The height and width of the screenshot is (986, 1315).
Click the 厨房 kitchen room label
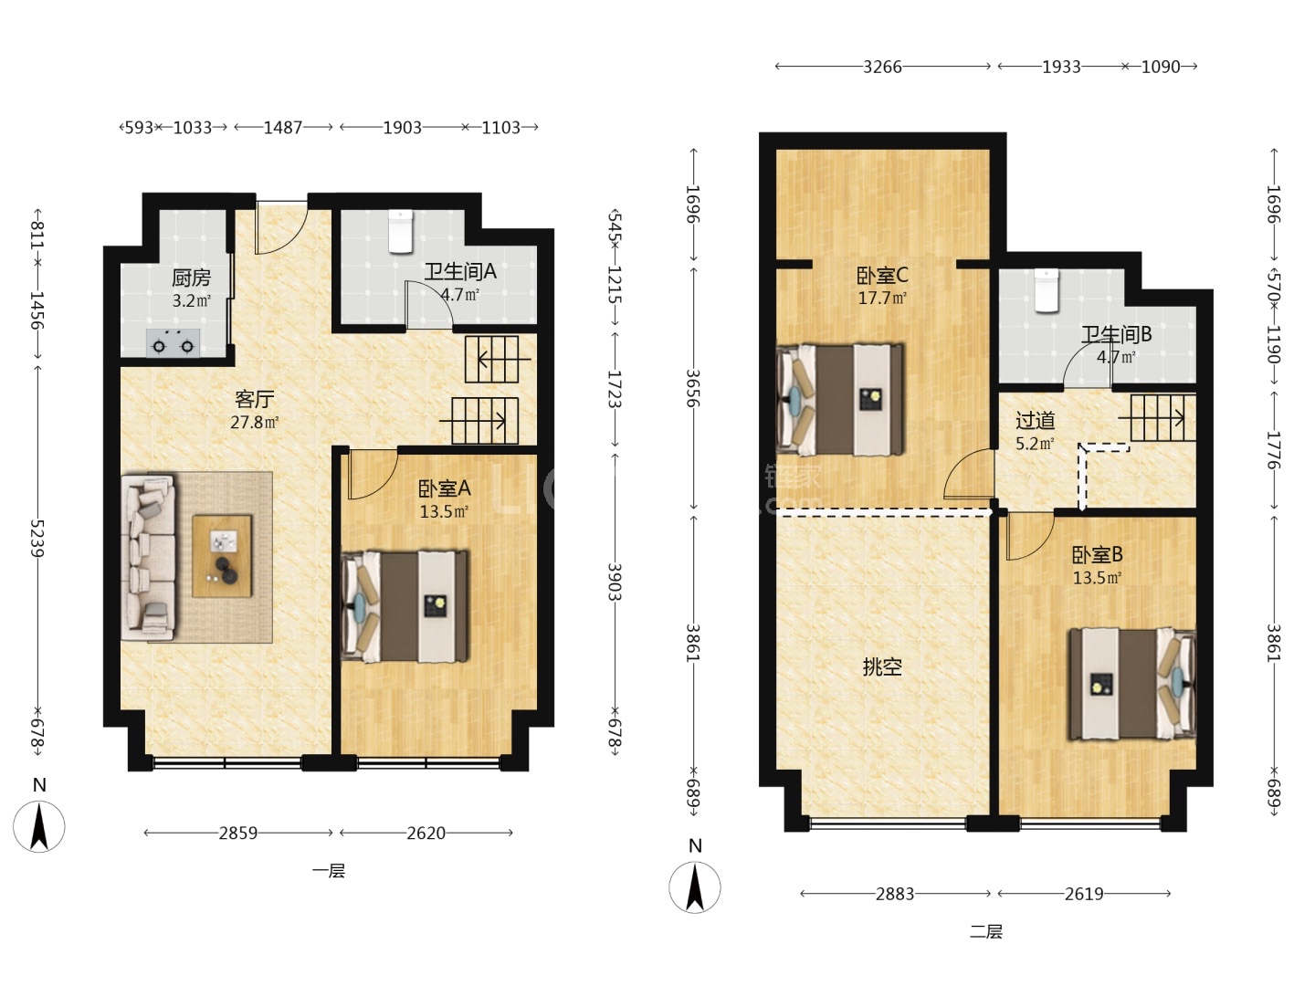(191, 278)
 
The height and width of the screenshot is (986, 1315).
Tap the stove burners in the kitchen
(174, 343)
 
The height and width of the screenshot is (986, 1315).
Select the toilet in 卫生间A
(400, 230)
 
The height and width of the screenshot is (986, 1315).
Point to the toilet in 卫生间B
(1047, 290)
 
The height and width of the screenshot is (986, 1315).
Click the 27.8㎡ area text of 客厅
(255, 422)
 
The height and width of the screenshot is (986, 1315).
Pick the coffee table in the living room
(222, 556)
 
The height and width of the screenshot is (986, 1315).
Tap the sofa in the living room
(149, 558)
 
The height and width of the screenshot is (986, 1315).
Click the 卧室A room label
(445, 489)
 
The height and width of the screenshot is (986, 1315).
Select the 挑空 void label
(882, 666)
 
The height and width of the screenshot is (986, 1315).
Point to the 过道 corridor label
(1035, 421)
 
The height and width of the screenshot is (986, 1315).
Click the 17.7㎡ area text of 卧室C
(882, 298)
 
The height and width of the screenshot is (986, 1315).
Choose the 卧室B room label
(1097, 555)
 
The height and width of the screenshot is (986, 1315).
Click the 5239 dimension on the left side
(37, 539)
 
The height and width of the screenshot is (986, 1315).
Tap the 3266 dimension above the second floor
(882, 67)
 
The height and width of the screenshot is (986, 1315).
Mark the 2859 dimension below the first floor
(237, 833)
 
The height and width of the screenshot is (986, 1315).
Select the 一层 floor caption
(329, 871)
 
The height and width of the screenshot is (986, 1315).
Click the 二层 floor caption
(985, 931)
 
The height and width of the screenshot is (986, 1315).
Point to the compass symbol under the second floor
(695, 886)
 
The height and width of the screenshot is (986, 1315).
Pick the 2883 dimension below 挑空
(894, 894)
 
